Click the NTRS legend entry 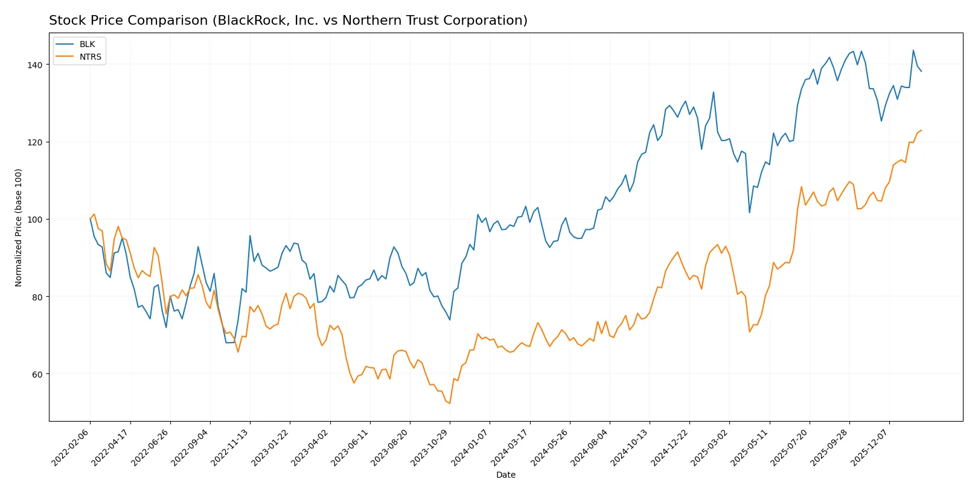(x=90, y=57)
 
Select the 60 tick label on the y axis (x=37, y=375)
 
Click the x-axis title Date (x=505, y=475)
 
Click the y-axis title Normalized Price (x=19, y=227)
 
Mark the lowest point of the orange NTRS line (x=450, y=403)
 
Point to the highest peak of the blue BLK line (x=913, y=50)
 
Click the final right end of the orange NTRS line (x=921, y=130)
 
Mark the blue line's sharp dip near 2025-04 (x=749, y=212)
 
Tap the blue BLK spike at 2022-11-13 (x=250, y=236)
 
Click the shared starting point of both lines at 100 (x=90, y=219)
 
